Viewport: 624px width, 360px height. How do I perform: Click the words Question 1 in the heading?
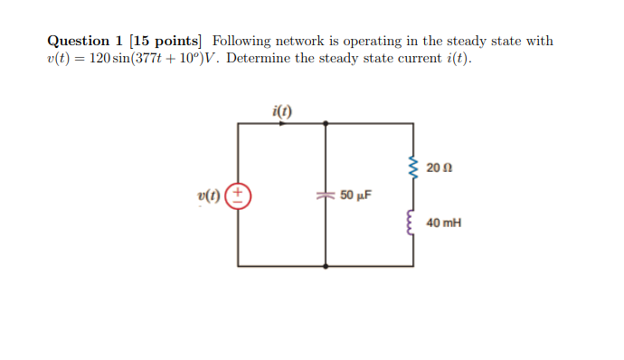click(86, 42)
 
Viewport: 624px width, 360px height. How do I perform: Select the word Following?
click(245, 42)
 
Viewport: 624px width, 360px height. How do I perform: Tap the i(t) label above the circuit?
click(281, 111)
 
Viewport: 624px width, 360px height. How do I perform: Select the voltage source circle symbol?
click(239, 195)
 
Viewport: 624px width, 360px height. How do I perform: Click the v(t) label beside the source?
click(209, 195)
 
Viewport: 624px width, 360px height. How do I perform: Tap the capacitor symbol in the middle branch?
click(326, 195)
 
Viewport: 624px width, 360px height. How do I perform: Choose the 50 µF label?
click(356, 195)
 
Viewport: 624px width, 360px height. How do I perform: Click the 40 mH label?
click(443, 223)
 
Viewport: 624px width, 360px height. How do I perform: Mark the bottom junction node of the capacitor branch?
click(326, 267)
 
